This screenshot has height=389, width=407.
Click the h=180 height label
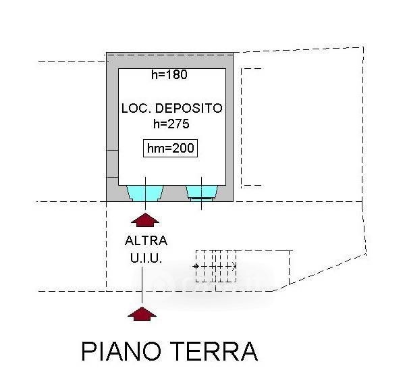click(169, 74)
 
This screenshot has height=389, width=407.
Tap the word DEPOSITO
click(189, 108)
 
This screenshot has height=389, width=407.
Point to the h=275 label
click(171, 124)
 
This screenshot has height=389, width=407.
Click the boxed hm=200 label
click(171, 149)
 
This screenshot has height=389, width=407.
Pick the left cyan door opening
click(145, 193)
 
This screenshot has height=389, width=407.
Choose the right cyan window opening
click(202, 192)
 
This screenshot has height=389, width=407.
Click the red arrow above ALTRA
click(145, 220)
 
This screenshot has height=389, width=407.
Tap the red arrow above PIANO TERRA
click(142, 313)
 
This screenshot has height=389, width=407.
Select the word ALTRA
click(146, 240)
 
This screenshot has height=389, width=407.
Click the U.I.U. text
click(146, 258)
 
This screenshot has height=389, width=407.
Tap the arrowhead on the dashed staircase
click(234, 266)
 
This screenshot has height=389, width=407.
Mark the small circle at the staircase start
click(196, 266)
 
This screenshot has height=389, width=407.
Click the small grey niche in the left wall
click(113, 164)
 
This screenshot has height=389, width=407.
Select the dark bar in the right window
click(202, 198)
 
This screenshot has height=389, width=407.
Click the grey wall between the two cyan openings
click(175, 193)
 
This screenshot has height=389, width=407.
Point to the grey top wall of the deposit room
click(170, 61)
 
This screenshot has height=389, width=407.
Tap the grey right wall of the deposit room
click(229, 127)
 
